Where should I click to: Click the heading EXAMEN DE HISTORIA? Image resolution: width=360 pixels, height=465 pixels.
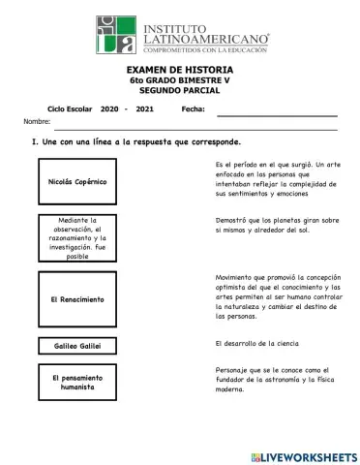click(x=181, y=71)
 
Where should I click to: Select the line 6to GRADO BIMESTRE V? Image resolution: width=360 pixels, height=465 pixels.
click(x=181, y=80)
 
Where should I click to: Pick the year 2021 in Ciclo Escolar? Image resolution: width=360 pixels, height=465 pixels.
click(x=145, y=110)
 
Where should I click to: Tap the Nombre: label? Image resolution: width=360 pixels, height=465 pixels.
click(x=37, y=122)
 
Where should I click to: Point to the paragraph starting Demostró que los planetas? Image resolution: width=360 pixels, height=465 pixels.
click(x=277, y=226)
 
